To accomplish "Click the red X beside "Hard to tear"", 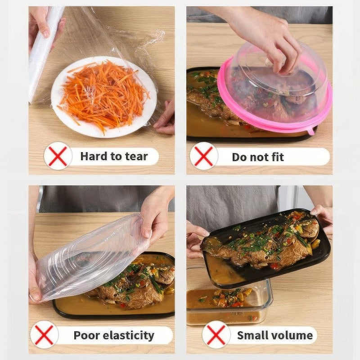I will pos(58,156).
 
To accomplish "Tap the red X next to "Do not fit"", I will pos(203,156).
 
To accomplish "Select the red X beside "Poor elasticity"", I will pos(44,335).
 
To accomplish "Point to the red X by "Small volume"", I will pos(216,335).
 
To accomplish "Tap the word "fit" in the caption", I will pos(276,157).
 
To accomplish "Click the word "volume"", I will pos(294,335).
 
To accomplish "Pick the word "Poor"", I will pos(86,335).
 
